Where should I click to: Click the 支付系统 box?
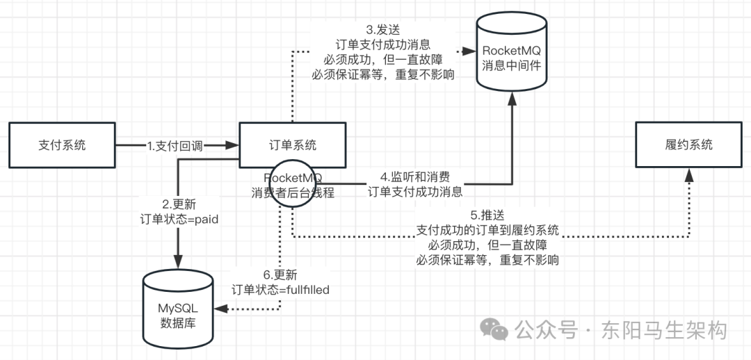point(62,145)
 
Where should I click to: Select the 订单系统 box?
point(292,145)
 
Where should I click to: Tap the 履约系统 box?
point(688,145)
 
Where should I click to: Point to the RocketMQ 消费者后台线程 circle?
point(293,183)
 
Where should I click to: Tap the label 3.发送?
point(380,31)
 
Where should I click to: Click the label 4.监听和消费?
point(414,178)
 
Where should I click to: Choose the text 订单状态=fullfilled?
point(280,290)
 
